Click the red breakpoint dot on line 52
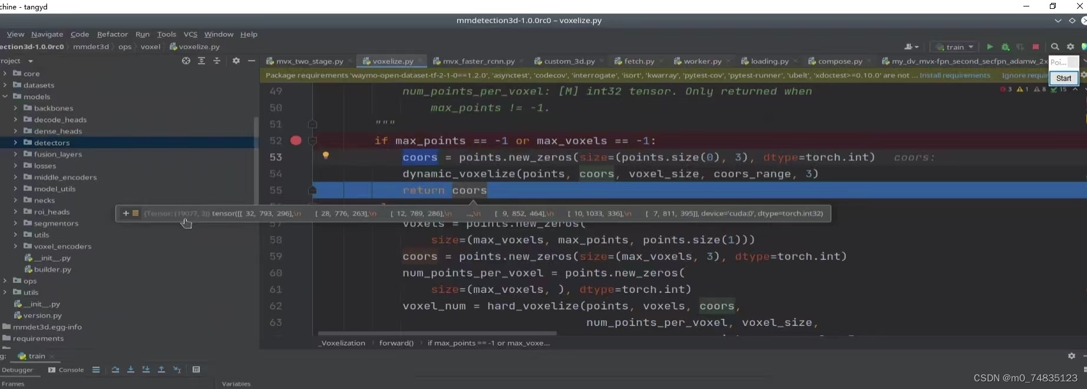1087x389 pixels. point(296,140)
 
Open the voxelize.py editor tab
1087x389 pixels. point(392,61)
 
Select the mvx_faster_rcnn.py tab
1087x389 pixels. point(478,61)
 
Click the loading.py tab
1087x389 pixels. point(769,61)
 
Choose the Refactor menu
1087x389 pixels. point(112,34)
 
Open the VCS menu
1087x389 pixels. point(190,34)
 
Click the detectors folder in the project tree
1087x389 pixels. point(52,143)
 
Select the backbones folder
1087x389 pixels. point(54,108)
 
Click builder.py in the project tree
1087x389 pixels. point(52,269)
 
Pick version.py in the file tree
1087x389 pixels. point(42,315)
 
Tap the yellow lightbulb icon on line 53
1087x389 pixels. point(325,156)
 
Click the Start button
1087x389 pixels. point(1063,78)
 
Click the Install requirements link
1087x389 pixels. point(954,75)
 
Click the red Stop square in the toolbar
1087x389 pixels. point(1035,47)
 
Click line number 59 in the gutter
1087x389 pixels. point(276,256)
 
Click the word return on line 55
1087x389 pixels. point(424,190)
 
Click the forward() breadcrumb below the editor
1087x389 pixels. point(396,343)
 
